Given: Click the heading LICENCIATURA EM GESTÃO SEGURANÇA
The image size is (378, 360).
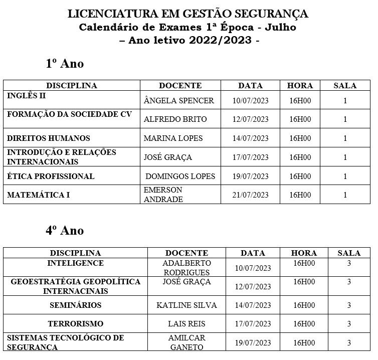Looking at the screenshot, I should tap(188, 14).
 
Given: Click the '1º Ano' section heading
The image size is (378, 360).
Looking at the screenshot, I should tap(65, 64).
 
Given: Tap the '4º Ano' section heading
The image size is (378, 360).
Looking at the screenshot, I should tap(65, 231).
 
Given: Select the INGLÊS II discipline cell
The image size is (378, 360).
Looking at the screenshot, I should tap(27, 95).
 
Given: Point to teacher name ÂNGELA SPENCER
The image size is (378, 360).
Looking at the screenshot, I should tap(178, 100).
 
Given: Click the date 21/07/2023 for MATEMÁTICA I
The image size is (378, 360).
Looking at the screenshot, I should tap(250, 195).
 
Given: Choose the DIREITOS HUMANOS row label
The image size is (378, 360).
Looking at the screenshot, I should tap(49, 138).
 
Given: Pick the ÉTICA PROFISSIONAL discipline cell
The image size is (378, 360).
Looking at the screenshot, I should tap(51, 176).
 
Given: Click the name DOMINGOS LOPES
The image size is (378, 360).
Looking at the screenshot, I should tap(180, 176).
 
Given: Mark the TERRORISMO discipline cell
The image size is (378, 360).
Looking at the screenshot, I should tap(75, 324).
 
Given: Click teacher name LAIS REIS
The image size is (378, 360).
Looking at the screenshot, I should tap(186, 324).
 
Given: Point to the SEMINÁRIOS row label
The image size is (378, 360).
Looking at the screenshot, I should tap(75, 305).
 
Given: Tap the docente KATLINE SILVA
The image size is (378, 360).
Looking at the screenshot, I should tap(186, 305).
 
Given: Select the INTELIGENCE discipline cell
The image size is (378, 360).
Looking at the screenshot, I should tap(75, 263).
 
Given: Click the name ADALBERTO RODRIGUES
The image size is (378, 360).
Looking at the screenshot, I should tap(186, 268).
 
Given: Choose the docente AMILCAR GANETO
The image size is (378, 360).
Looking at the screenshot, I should tap(186, 342).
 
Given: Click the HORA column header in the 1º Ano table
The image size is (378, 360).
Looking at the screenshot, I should tap(300, 86).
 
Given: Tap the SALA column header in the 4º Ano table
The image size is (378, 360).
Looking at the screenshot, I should tap(349, 253).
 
